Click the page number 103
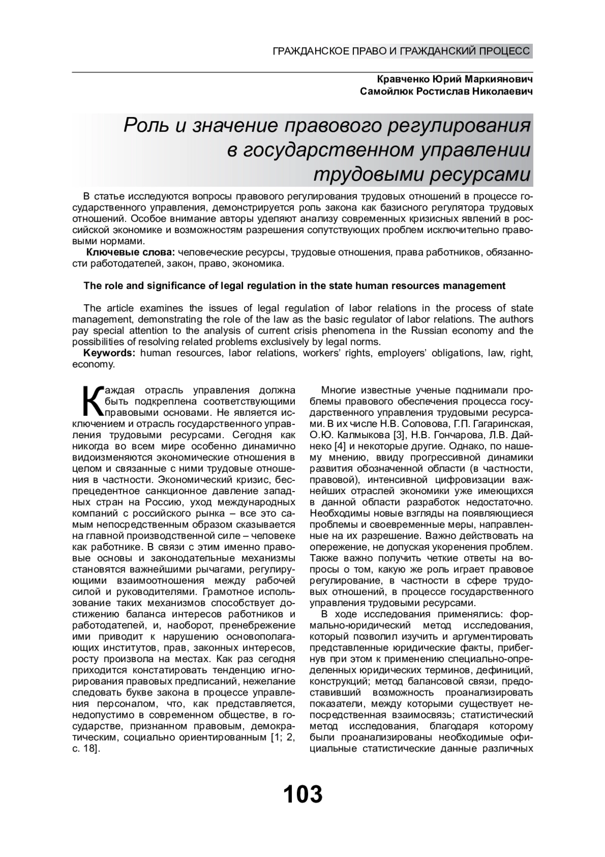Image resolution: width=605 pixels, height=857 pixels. (x=302, y=794)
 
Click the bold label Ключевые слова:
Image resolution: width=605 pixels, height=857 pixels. (x=131, y=252)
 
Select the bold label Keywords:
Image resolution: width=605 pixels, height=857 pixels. (x=109, y=353)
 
